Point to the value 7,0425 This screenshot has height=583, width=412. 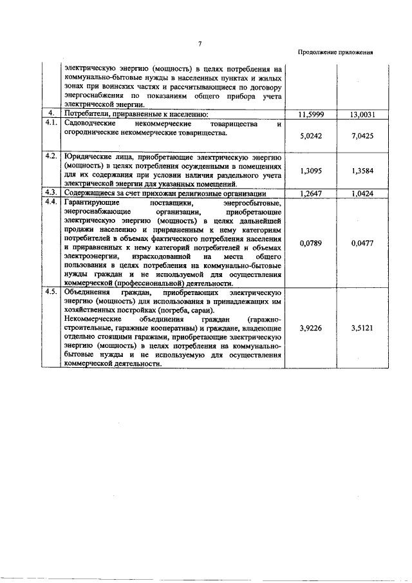(363, 136)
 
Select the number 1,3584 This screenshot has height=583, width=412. (363, 171)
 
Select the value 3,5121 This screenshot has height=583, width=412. (363, 327)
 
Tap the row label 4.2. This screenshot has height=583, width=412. (51, 156)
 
